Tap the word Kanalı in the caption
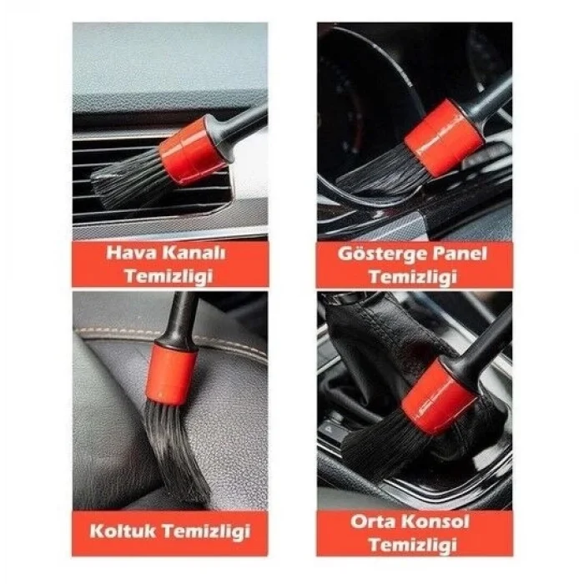point(190,254)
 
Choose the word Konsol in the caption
point(441,522)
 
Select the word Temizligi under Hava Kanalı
point(170,276)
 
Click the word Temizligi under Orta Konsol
point(414,546)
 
